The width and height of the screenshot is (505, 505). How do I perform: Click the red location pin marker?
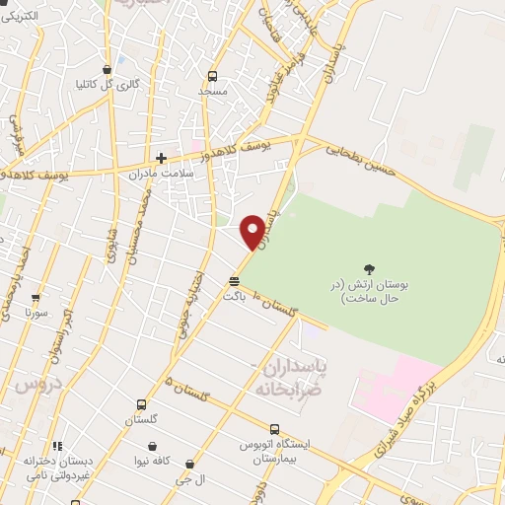[252, 230]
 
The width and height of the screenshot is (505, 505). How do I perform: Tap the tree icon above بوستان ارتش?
[369, 268]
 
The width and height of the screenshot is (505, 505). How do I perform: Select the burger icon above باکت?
[234, 281]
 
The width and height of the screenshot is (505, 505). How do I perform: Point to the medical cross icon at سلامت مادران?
[161, 158]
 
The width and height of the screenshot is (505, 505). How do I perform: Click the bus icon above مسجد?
[212, 76]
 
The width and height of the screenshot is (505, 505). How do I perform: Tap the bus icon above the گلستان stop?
[141, 404]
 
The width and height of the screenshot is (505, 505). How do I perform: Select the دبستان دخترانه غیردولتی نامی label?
[60, 466]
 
